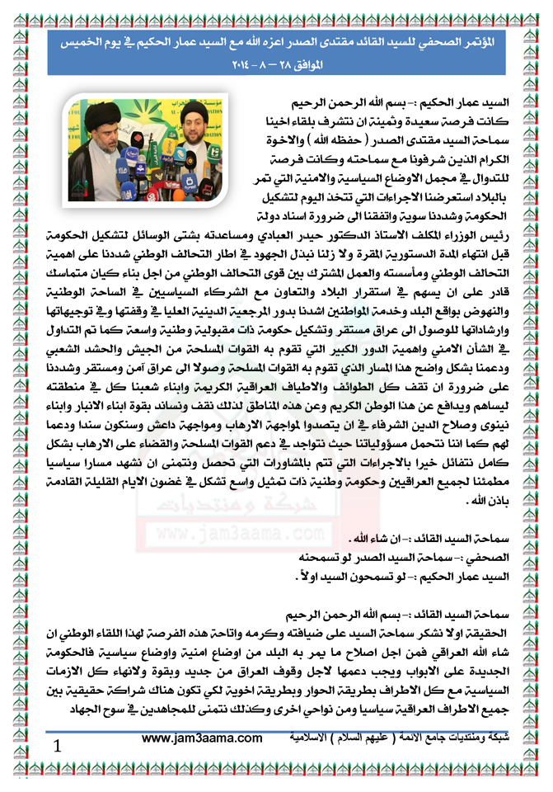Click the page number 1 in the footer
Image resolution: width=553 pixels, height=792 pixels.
[x=57, y=746]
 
